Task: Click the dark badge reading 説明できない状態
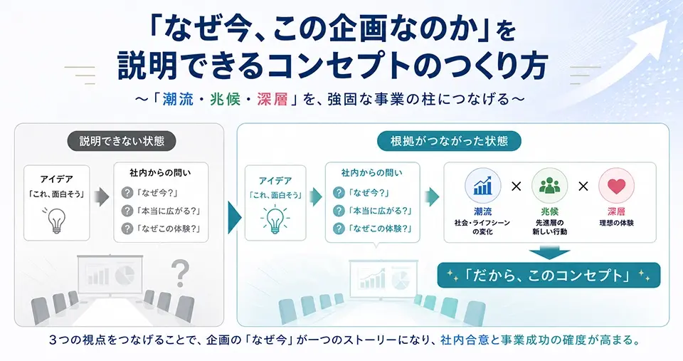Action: click(122, 141)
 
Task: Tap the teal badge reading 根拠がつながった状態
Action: click(449, 141)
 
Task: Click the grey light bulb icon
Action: click(56, 220)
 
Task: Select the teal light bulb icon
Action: click(275, 219)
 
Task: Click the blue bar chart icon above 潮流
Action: click(482, 186)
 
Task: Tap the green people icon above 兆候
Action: click(550, 186)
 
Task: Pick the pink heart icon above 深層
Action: click(616, 186)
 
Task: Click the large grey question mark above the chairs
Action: click(180, 273)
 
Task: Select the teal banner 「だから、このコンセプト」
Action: click(549, 275)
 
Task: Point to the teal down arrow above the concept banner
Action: click(550, 252)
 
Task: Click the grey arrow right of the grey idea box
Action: click(102, 197)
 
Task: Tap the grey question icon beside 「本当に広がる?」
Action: click(127, 211)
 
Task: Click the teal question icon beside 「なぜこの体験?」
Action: click(339, 229)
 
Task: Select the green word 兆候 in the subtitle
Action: click(226, 100)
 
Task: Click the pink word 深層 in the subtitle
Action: click(272, 100)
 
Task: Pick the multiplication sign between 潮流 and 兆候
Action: click(517, 187)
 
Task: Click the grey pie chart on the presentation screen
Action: click(125, 275)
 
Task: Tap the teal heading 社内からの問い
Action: click(372, 173)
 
